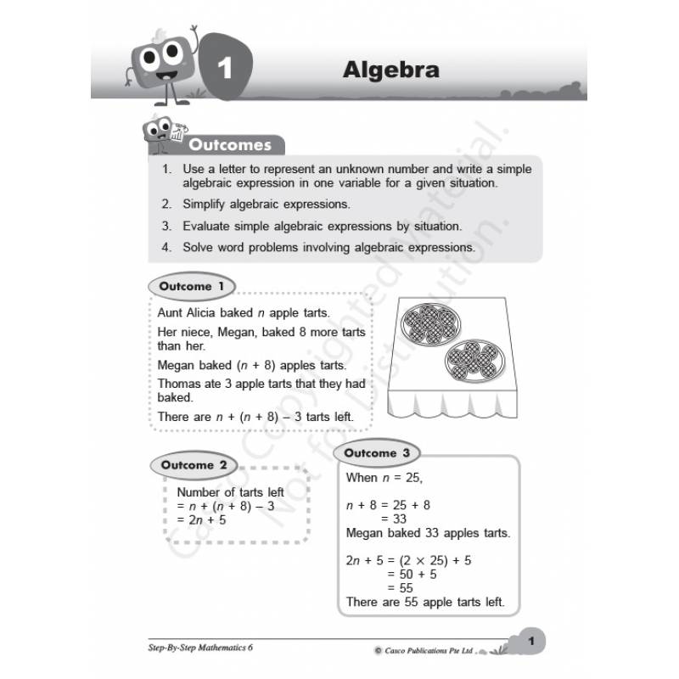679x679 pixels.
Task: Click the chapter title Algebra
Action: tap(390, 70)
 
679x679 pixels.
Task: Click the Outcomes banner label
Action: tap(229, 145)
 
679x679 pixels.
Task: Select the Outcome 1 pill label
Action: tap(192, 287)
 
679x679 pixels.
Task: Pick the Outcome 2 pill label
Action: tap(194, 464)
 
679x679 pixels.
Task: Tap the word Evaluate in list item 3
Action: tap(209, 227)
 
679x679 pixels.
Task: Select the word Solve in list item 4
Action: tap(199, 248)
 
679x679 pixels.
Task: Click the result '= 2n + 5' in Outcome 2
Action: tap(201, 519)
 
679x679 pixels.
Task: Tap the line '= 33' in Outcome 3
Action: tap(395, 519)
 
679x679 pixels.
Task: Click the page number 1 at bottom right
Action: tap(530, 642)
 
